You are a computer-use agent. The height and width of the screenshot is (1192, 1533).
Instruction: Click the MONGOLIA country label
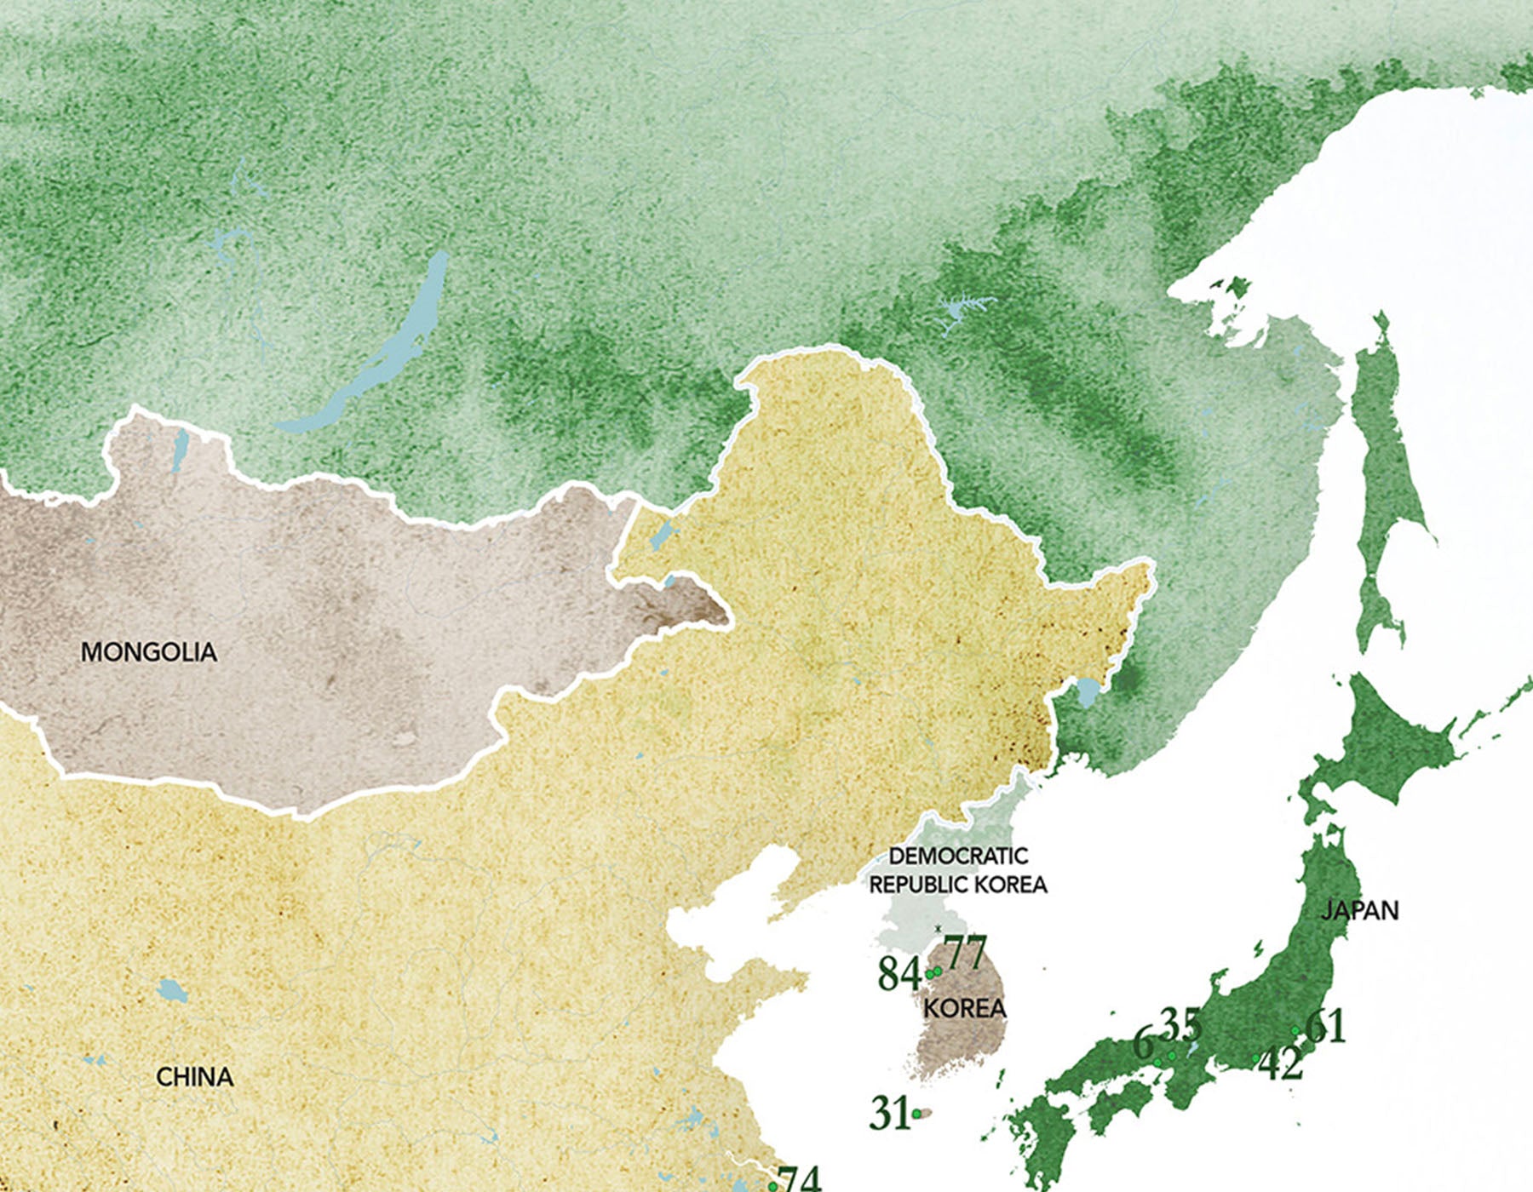click(149, 652)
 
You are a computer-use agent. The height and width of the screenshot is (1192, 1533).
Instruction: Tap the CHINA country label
click(194, 1077)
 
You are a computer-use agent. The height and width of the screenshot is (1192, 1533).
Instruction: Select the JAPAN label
click(1359, 910)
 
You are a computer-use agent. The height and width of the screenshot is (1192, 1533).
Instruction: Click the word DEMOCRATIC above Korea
click(958, 856)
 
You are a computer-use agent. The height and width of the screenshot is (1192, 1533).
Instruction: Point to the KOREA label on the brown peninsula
click(965, 1008)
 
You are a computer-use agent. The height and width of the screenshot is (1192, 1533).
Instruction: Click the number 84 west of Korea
click(899, 974)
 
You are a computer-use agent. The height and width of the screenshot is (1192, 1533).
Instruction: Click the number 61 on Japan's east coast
click(1325, 1026)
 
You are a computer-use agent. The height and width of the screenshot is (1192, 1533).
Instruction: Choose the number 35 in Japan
click(1181, 1025)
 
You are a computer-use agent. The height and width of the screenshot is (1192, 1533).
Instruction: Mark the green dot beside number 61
click(1295, 1031)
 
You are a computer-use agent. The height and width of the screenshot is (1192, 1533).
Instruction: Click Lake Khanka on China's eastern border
click(1088, 692)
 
